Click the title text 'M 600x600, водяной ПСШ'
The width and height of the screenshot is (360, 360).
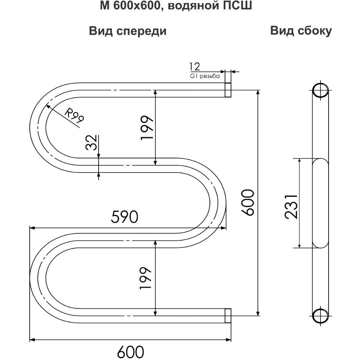click(x=176, y=6)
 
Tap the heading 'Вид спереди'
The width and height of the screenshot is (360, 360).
click(x=128, y=31)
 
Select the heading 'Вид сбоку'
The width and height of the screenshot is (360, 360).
click(x=301, y=31)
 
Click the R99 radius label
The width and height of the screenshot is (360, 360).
click(x=74, y=115)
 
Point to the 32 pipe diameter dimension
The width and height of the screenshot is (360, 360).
click(x=91, y=143)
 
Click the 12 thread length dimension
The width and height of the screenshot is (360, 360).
click(x=195, y=66)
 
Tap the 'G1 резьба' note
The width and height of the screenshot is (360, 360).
click(x=205, y=76)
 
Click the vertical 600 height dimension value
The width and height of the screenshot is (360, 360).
click(x=248, y=202)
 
